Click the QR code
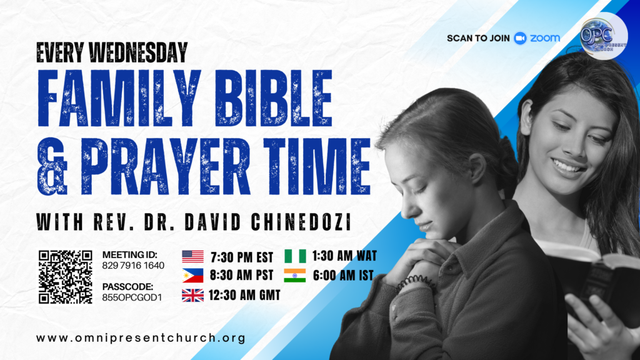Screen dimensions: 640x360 [65, 277]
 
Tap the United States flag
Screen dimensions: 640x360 [192, 257]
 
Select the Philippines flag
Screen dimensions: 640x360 [192, 276]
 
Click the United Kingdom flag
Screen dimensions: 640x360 [192, 295]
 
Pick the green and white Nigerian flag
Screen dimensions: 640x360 [295, 256]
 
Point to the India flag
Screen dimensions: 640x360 [295, 276]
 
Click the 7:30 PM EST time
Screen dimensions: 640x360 [242, 257]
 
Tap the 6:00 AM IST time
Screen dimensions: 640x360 [343, 276]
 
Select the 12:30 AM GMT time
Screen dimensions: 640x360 [244, 295]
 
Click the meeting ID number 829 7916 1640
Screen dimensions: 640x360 [133, 266]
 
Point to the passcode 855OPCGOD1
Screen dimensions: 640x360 [132, 297]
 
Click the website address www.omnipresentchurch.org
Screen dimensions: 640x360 [141, 338]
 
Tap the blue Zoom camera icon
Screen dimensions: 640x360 [520, 38]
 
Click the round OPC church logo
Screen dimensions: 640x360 [604, 36]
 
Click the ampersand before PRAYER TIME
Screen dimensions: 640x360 [52, 166]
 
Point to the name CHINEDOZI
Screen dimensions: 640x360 [301, 222]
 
